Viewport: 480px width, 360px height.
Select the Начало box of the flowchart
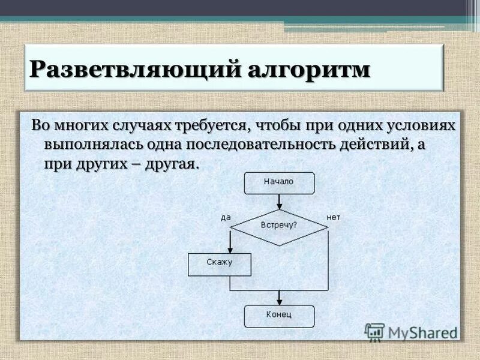click(279, 182)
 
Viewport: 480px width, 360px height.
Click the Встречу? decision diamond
click(279, 226)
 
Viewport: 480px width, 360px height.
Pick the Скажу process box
click(219, 263)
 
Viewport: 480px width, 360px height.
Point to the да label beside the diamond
click(226, 217)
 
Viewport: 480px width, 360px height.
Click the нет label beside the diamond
click(333, 217)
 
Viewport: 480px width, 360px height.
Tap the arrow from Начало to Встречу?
click(279, 202)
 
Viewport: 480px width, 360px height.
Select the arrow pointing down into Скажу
click(230, 243)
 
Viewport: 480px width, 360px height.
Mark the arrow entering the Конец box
click(279, 298)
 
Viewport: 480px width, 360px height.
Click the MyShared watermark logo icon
click(374, 331)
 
